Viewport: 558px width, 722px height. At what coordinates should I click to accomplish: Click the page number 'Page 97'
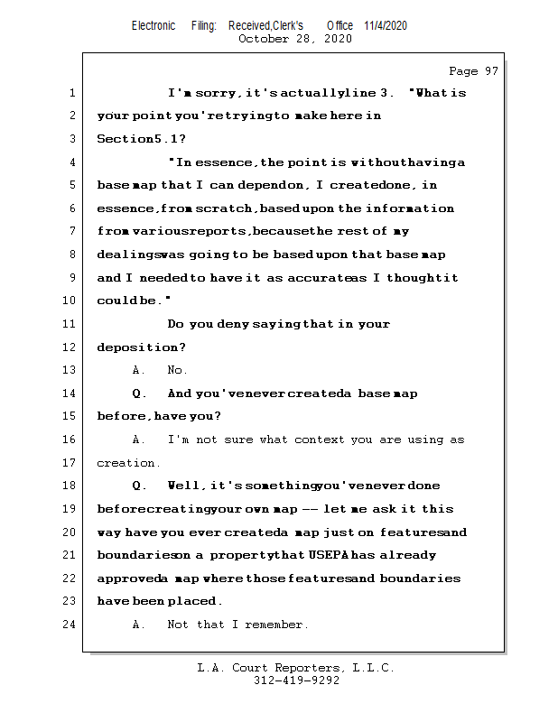pyautogui.click(x=473, y=71)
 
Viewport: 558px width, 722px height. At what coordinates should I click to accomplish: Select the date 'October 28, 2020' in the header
pyautogui.click(x=295, y=39)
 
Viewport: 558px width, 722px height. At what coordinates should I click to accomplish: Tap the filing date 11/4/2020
pyautogui.click(x=386, y=25)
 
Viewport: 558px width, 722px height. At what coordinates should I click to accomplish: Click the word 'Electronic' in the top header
pyautogui.click(x=153, y=25)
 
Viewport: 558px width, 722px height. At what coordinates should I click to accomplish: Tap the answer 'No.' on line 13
pyautogui.click(x=177, y=370)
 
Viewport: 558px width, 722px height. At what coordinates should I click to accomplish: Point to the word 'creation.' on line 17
pyautogui.click(x=128, y=463)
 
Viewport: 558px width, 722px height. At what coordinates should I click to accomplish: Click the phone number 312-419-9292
pyautogui.click(x=296, y=681)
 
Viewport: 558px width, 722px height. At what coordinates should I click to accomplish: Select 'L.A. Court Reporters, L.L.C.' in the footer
pyautogui.click(x=296, y=669)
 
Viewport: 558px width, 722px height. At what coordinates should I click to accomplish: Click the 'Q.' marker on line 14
pyautogui.click(x=140, y=393)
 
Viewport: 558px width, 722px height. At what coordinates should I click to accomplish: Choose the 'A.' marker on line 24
pyautogui.click(x=139, y=625)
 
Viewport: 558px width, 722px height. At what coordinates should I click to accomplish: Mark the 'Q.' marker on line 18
pyautogui.click(x=140, y=486)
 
